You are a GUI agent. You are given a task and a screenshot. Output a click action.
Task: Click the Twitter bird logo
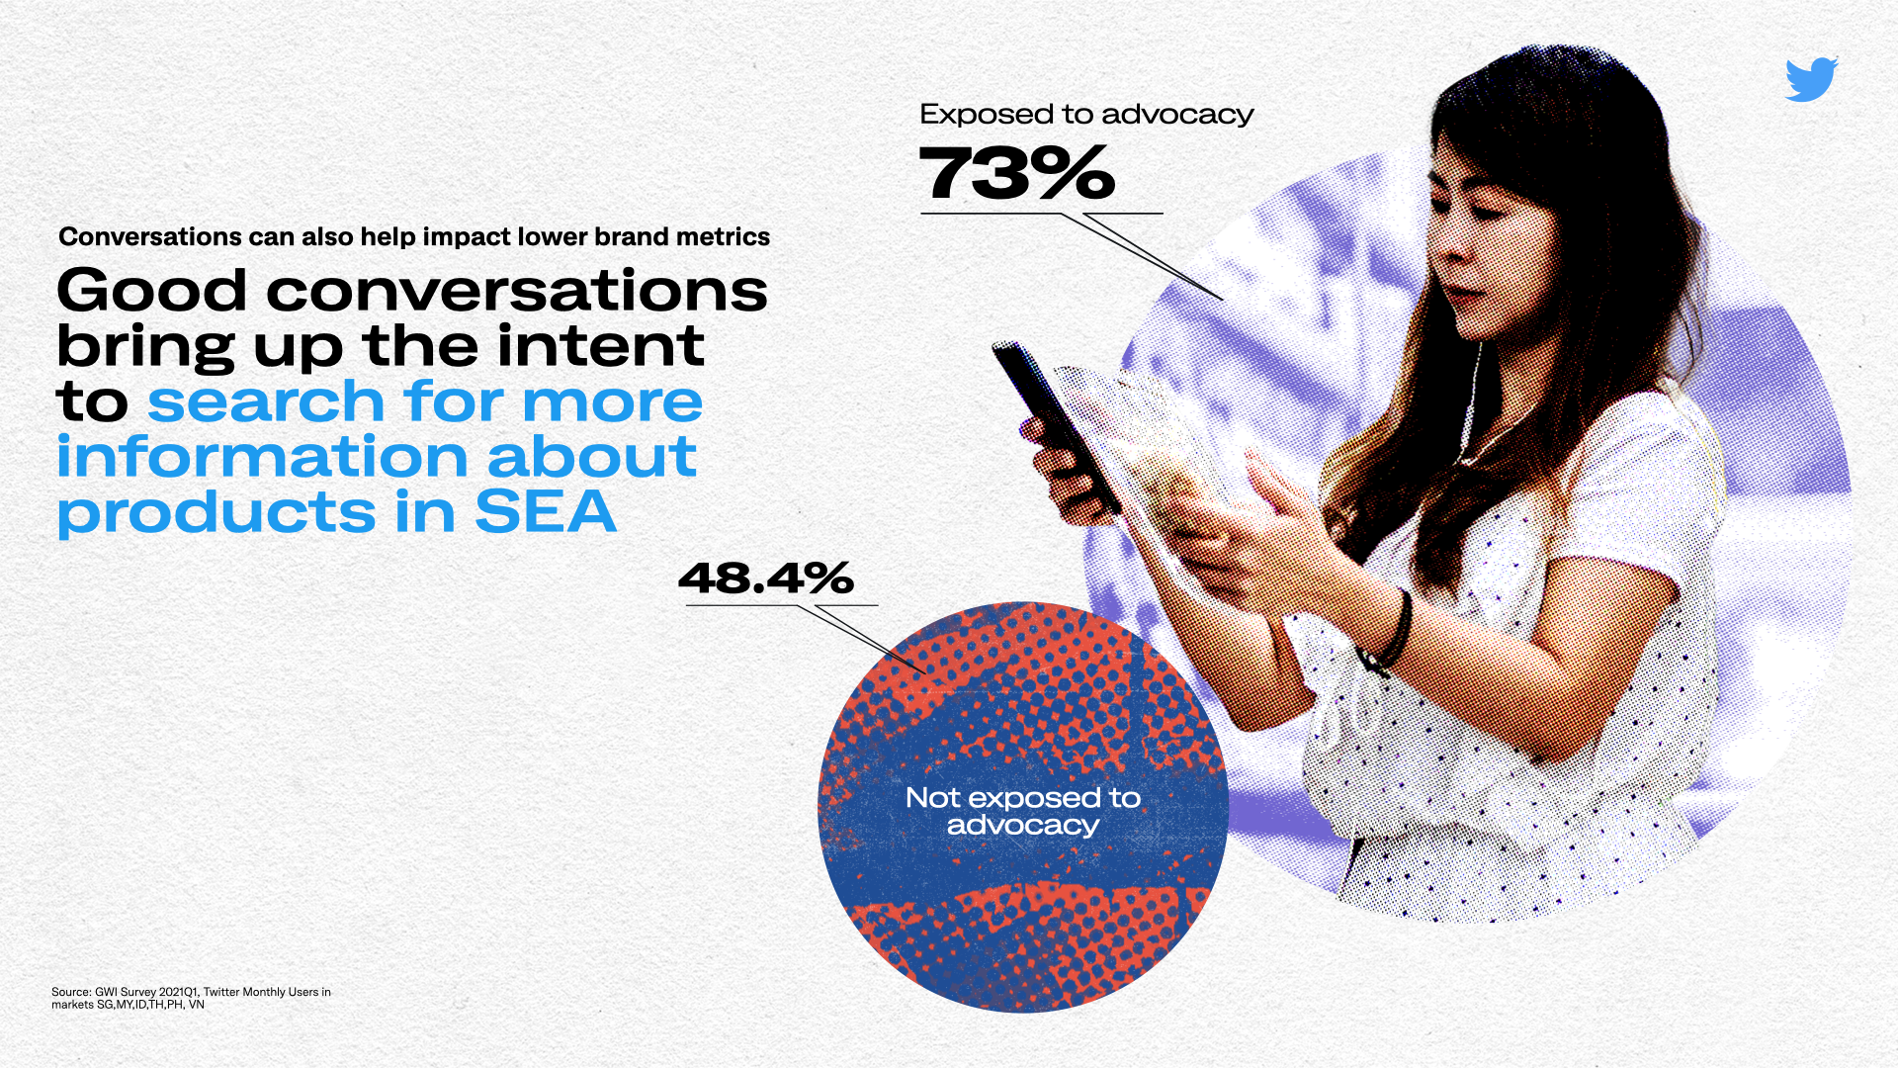1811,79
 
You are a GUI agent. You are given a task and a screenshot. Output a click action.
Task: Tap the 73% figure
1017,173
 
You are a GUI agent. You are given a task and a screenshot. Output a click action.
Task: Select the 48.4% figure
766,578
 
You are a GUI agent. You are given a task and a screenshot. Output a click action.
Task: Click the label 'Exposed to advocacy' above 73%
1086,115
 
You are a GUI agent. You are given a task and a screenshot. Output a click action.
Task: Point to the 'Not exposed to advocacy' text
1023,811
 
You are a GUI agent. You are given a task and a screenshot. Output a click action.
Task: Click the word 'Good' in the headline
151,291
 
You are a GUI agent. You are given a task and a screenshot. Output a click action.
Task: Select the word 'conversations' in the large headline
517,292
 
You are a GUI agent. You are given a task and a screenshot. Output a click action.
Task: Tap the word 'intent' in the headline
601,346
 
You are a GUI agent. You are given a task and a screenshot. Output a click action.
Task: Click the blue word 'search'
266,401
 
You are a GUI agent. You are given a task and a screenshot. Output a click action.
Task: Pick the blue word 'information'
262,457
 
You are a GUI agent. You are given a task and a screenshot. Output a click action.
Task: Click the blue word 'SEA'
546,512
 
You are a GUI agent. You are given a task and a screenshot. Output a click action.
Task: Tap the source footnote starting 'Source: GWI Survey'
192,998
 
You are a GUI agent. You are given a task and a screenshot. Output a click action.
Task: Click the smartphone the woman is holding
1056,425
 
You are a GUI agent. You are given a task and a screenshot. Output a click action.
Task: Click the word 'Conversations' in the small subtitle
150,237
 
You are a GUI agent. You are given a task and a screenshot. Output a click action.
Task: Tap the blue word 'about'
592,457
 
